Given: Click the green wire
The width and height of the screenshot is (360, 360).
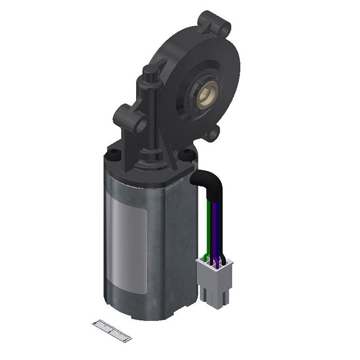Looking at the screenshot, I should pyautogui.click(x=206, y=228).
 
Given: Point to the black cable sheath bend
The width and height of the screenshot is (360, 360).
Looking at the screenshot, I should pyautogui.click(x=207, y=179).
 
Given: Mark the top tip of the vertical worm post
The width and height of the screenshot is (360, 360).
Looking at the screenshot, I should pyautogui.click(x=149, y=73).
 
